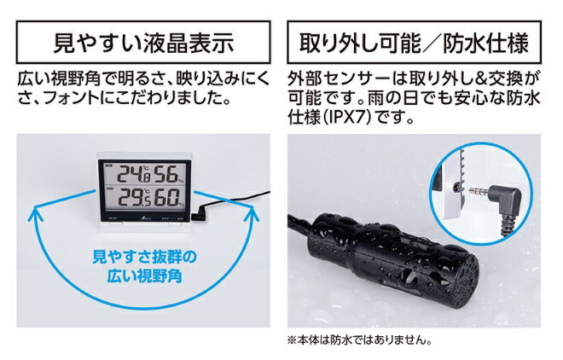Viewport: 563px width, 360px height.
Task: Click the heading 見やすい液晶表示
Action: pos(143,43)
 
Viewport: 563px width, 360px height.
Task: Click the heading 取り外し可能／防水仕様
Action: pos(414,43)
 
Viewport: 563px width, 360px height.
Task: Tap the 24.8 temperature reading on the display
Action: pos(134,174)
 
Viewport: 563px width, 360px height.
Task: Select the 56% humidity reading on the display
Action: pos(170,174)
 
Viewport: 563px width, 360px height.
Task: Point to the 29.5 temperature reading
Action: pos(134,197)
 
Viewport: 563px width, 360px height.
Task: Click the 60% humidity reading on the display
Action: pos(170,197)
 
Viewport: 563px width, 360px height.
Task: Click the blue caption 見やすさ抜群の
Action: pos(144,258)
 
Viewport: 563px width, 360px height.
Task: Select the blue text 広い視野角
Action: pos(144,276)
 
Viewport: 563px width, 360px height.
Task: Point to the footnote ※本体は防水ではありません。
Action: pos(359,340)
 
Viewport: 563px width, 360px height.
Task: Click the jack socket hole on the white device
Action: pos(456,187)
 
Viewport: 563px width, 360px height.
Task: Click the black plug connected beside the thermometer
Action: pos(198,214)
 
